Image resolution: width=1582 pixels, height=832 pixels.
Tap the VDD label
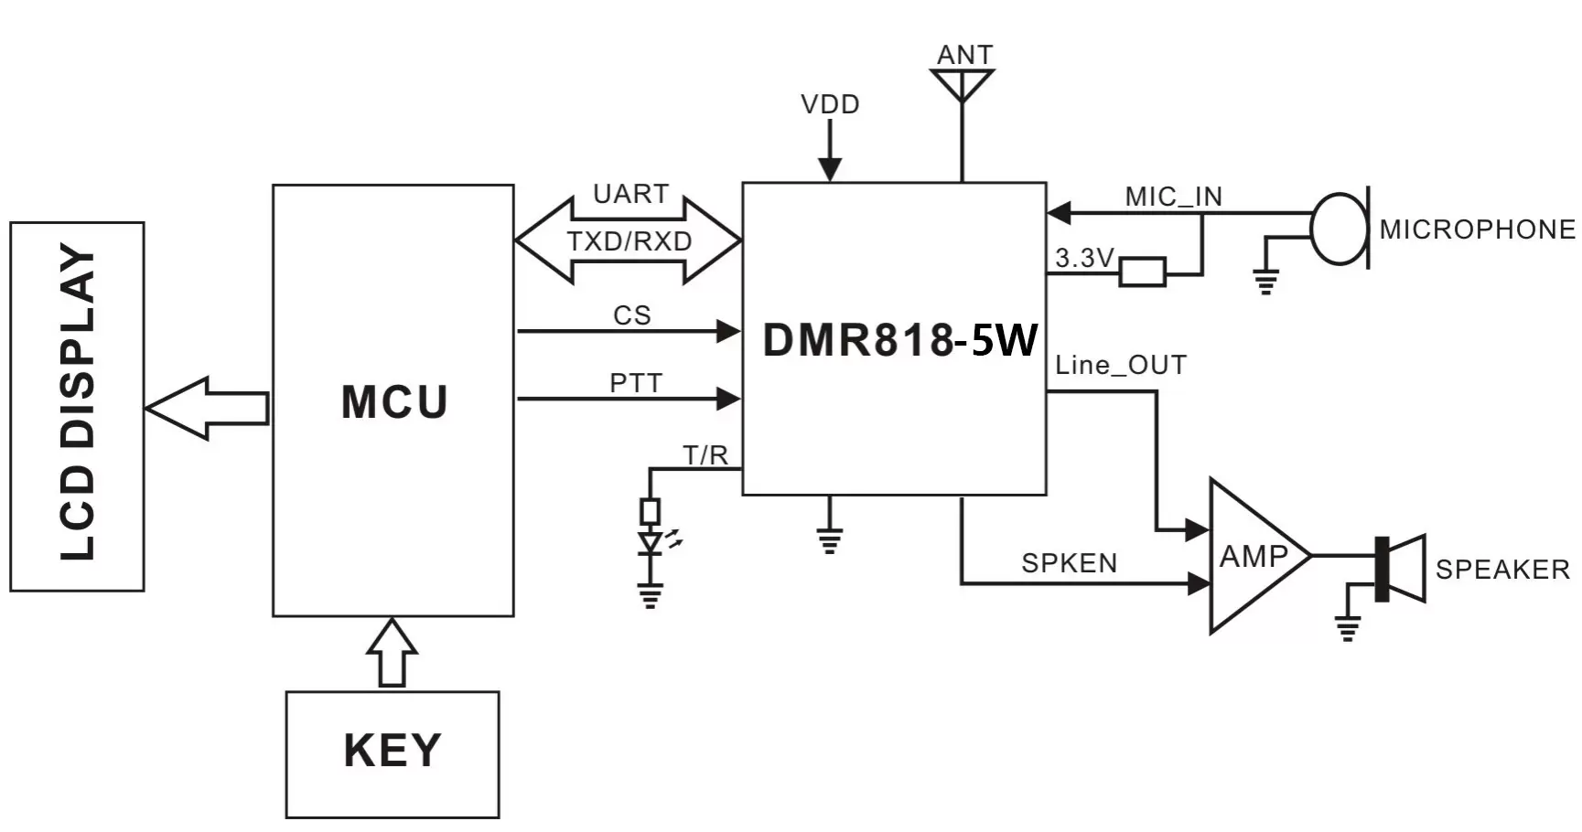click(830, 104)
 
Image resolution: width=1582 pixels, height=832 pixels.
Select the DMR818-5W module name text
click(899, 340)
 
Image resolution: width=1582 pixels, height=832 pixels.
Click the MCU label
click(394, 402)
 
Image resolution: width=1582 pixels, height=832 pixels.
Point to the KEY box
click(393, 753)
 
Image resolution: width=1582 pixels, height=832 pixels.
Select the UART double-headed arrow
click(629, 240)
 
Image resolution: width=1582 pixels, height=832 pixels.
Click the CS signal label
click(631, 315)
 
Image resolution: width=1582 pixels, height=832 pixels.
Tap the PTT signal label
click(635, 383)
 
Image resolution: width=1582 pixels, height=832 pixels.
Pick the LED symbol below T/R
click(651, 543)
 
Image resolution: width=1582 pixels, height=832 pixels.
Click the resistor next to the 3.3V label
click(1142, 272)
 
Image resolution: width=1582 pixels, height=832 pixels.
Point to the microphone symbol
click(1340, 229)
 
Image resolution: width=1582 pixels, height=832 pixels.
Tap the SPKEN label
click(1069, 562)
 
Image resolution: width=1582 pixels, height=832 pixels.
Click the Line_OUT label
click(1120, 365)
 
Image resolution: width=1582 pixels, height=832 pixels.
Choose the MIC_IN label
click(1173, 196)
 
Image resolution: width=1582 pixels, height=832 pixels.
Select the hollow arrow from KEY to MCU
click(393, 653)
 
